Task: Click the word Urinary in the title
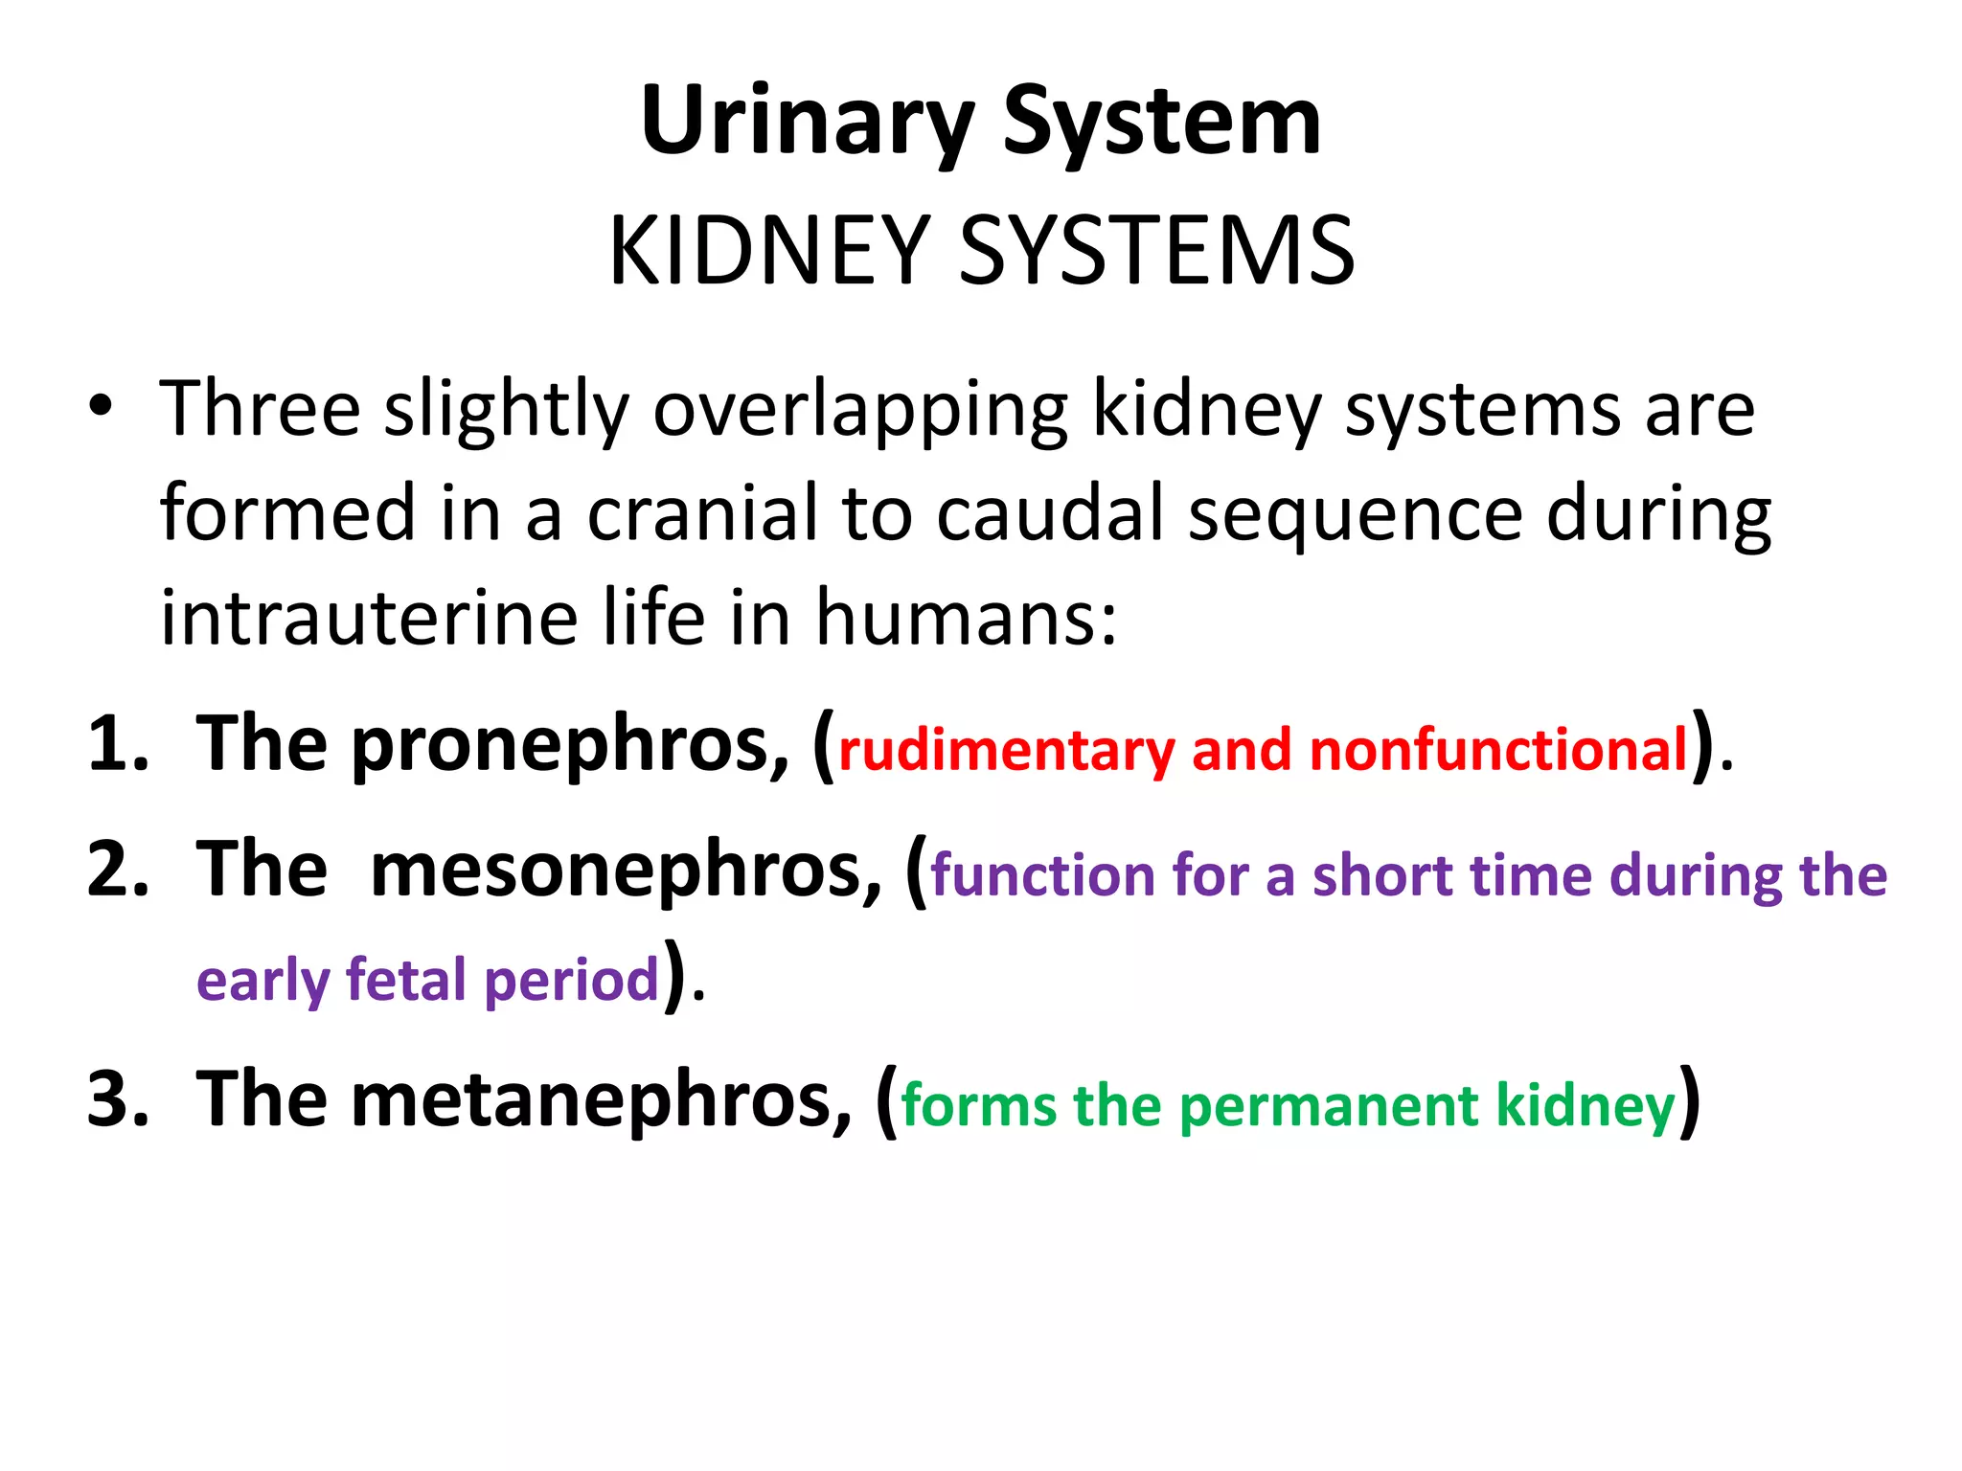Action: pos(807,122)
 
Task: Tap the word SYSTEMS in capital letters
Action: pos(1156,251)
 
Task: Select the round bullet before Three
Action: pos(100,406)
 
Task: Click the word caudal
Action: pos(1049,514)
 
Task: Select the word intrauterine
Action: pos(369,618)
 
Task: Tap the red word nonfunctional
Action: pos(1497,749)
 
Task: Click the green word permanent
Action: pos(1329,1106)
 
